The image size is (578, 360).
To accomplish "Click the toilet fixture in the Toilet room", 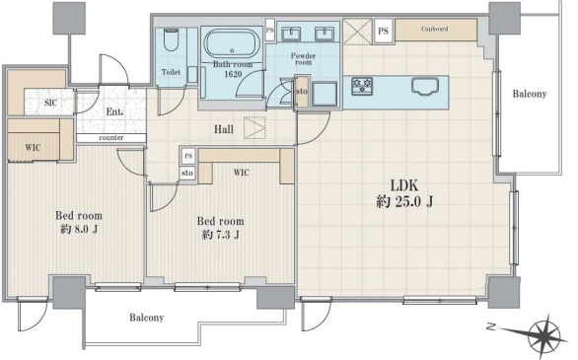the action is pyautogui.click(x=171, y=40).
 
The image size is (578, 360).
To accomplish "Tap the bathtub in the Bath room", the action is pyautogui.click(x=232, y=44).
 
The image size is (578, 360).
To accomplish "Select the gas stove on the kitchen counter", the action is pyautogui.click(x=362, y=86).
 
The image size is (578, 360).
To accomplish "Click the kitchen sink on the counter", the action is pyautogui.click(x=425, y=87).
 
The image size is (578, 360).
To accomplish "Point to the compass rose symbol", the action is pyautogui.click(x=542, y=333).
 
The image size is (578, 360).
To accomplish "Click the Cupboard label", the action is pyautogui.click(x=435, y=29).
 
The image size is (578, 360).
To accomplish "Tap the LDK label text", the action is pyautogui.click(x=404, y=185).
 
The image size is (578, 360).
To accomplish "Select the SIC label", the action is pyautogui.click(x=50, y=103).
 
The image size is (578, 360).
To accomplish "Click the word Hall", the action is pyautogui.click(x=224, y=129).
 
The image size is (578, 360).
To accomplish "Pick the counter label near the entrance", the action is pyautogui.click(x=110, y=138).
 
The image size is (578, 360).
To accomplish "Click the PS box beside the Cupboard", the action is pyautogui.click(x=384, y=31).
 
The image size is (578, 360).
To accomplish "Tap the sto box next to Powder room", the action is pyautogui.click(x=302, y=92).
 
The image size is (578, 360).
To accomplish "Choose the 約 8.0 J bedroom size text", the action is pyautogui.click(x=79, y=229).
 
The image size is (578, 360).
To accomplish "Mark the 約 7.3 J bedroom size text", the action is pyautogui.click(x=221, y=235).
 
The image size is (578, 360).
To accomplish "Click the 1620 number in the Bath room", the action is pyautogui.click(x=233, y=74).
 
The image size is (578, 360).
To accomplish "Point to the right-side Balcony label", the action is pyautogui.click(x=530, y=94).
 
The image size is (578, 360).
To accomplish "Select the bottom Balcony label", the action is pyautogui.click(x=146, y=318).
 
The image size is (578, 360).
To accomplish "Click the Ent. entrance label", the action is pyautogui.click(x=114, y=111).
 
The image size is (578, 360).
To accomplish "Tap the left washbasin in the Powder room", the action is pyautogui.click(x=291, y=34).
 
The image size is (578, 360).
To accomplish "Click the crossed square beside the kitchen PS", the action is pyautogui.click(x=358, y=33).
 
